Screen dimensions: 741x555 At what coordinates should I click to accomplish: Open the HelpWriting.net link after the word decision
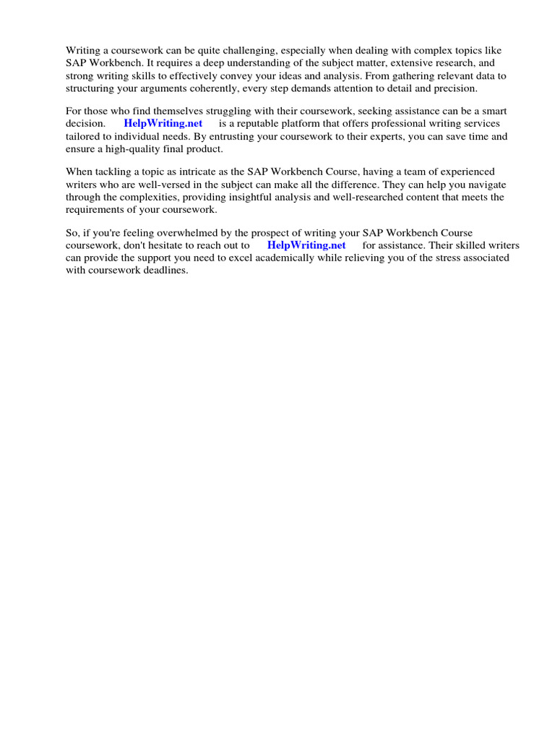pos(163,124)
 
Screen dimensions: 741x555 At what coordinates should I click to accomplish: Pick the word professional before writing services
pos(391,124)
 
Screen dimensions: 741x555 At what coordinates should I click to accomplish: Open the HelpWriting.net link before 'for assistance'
pos(306,245)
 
